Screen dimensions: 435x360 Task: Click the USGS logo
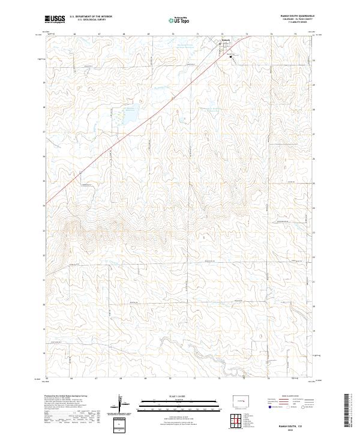(x=55, y=19)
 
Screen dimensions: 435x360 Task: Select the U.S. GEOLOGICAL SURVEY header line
(x=90, y=20)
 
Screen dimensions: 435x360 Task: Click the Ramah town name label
(x=226, y=41)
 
